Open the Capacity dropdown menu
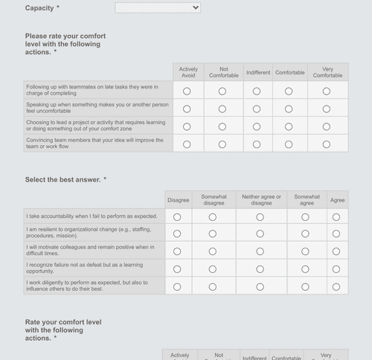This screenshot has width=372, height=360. coord(158,8)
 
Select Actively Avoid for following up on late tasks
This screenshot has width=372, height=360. coord(187,91)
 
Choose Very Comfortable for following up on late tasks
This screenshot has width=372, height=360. coord(327,91)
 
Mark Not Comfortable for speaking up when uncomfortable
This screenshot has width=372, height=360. coord(222,109)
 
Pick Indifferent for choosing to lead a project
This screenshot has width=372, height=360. coord(257,126)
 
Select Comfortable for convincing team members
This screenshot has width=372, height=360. coord(289,144)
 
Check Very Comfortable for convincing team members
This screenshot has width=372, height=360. coord(327,144)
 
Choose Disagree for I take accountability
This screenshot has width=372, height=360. coord(177,217)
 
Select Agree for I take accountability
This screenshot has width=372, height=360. coord(336,217)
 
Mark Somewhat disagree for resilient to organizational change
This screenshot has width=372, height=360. coord(213,234)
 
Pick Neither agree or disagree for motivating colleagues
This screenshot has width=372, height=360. coord(260,251)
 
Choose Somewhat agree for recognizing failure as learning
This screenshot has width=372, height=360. coord(306,269)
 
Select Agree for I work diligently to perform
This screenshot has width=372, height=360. coord(336,286)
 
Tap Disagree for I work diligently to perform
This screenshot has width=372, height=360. coord(177,286)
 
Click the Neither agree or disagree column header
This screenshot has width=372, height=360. coord(261,200)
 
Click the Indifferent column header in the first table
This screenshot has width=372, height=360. coord(257,73)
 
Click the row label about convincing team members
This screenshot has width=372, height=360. coord(95,144)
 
